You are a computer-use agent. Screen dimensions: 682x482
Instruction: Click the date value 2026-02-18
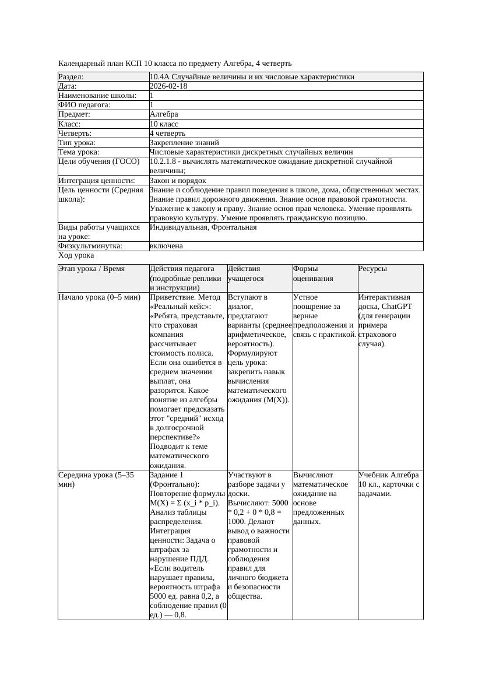pos(168,86)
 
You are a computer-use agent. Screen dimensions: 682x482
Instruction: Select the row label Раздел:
pos(71,77)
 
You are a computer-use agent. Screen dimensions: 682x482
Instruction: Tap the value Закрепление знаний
pos(184,143)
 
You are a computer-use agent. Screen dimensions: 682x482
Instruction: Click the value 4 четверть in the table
pos(167,133)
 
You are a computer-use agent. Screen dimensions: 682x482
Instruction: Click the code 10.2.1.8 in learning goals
pos(164,161)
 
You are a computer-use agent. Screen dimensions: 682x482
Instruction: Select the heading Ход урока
pos(76,256)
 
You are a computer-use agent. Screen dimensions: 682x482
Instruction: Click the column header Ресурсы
pos(372,269)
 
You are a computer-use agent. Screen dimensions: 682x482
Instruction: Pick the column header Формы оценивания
pos(313,273)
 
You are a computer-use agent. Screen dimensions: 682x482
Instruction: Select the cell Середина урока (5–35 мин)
pos(96,480)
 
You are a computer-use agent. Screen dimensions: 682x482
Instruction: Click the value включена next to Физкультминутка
pos(166,247)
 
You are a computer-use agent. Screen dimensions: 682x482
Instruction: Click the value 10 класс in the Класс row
pos(164,124)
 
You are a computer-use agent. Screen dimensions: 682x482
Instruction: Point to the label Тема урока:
pos(79,152)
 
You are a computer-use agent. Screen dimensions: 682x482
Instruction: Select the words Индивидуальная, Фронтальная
pos(203,228)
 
